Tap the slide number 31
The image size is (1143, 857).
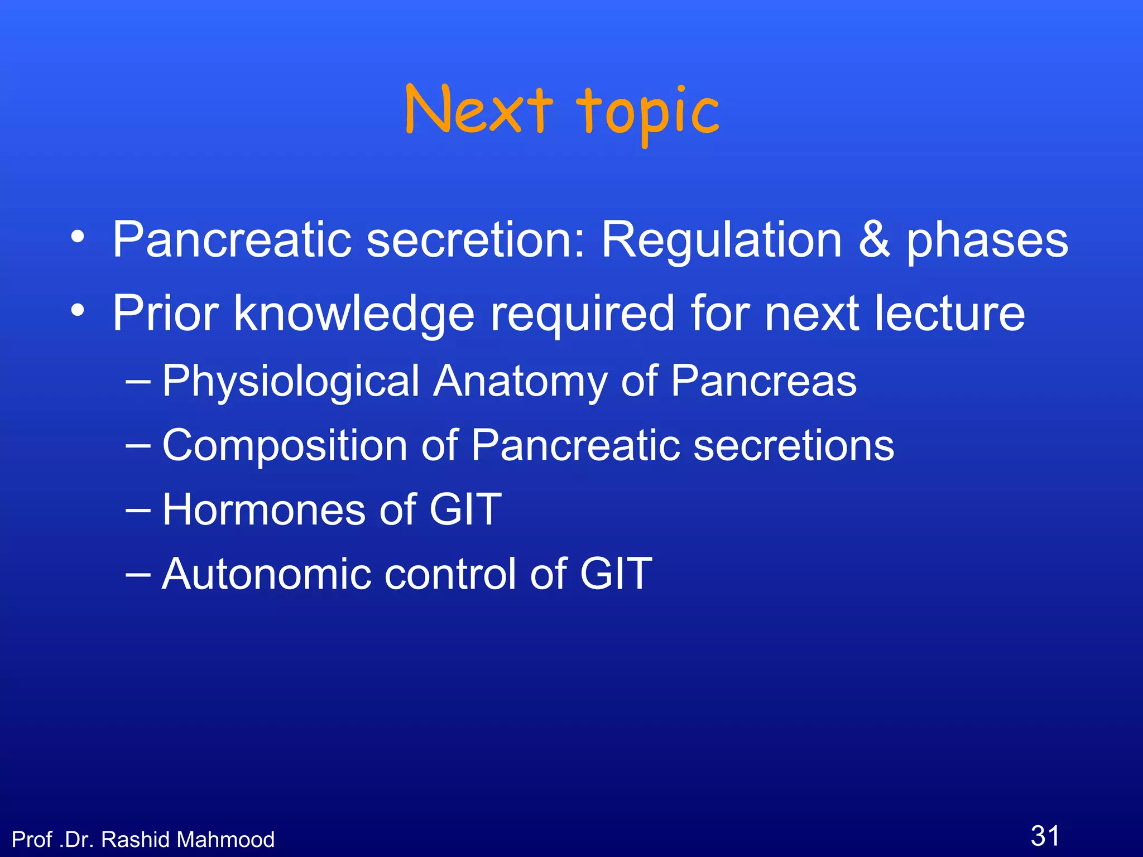pyautogui.click(x=1045, y=836)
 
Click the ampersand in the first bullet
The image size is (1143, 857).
pyautogui.click(x=874, y=240)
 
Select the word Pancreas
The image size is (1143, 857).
pyautogui.click(x=763, y=381)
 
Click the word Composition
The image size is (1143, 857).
pyautogui.click(x=285, y=446)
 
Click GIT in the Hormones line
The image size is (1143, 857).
pyautogui.click(x=465, y=509)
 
